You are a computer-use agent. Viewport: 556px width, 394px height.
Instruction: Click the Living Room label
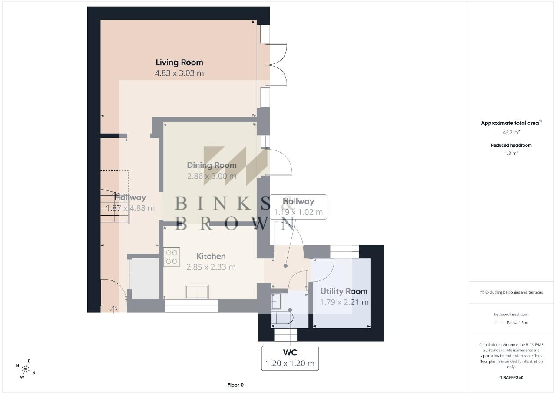pyautogui.click(x=179, y=62)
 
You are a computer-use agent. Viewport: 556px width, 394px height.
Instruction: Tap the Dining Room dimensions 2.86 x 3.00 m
pyautogui.click(x=212, y=176)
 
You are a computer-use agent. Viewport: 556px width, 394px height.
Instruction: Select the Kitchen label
pyautogui.click(x=211, y=256)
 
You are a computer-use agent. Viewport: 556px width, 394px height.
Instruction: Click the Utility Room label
pyautogui.click(x=344, y=291)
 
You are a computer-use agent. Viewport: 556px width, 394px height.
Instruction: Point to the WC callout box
pyautogui.click(x=290, y=358)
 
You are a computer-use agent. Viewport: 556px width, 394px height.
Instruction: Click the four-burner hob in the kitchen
pyautogui.click(x=172, y=257)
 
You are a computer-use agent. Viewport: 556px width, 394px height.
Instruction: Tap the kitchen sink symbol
pyautogui.click(x=197, y=292)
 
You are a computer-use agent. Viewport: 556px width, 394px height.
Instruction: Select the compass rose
pyautogui.click(x=25, y=369)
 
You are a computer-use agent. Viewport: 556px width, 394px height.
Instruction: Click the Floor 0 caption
pyautogui.click(x=235, y=385)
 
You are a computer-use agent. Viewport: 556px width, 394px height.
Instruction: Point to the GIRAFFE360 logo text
pyautogui.click(x=511, y=377)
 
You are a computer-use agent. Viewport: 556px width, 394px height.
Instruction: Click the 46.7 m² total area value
pyautogui.click(x=511, y=132)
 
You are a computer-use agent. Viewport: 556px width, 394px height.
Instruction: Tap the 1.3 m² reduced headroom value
pyautogui.click(x=511, y=153)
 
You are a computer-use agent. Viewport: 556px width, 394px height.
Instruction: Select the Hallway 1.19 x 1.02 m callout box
pyautogui.click(x=298, y=207)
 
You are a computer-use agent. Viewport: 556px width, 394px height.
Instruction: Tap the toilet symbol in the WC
pyautogui.click(x=282, y=318)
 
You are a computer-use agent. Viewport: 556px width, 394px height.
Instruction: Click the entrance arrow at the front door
pyautogui.click(x=114, y=309)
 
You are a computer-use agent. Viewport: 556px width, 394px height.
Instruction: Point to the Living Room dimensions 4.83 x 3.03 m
pyautogui.click(x=179, y=73)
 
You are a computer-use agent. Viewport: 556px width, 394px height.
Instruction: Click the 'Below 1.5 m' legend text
pyautogui.click(x=517, y=323)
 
